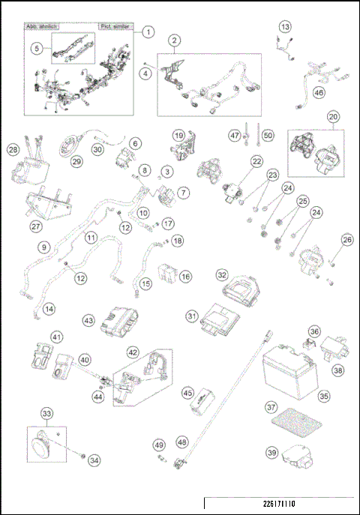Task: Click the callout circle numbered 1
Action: pyautogui.click(x=148, y=32)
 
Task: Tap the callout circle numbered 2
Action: pyautogui.click(x=173, y=40)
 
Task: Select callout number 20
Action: pyautogui.click(x=333, y=117)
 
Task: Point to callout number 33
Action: pyautogui.click(x=46, y=413)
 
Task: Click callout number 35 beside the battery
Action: pyautogui.click(x=324, y=394)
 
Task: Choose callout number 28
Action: pyautogui.click(x=13, y=150)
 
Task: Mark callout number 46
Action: pyautogui.click(x=319, y=93)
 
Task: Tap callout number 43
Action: pyautogui.click(x=88, y=320)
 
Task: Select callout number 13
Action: pyautogui.click(x=284, y=27)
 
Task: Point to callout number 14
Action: pyautogui.click(x=49, y=308)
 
